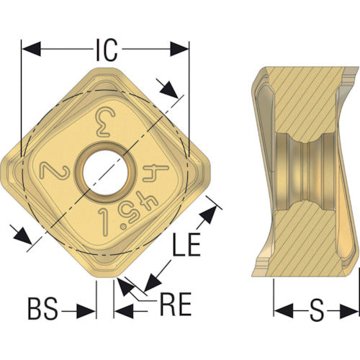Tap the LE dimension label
click(186, 243)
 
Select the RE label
click(176, 304)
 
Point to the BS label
click(43, 308)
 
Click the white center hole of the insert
click(105, 172)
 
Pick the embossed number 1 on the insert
click(104, 220)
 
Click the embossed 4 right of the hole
click(156, 173)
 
